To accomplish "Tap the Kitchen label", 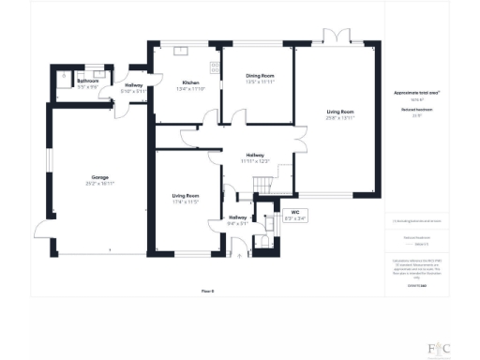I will tap(191, 85).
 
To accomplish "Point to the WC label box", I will tap(293, 215).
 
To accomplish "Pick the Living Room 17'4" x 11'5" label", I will tap(186, 199).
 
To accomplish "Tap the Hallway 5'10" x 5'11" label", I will tap(134, 89).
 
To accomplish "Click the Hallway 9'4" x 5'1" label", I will tap(237, 221).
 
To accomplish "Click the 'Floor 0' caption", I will tap(208, 292).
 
